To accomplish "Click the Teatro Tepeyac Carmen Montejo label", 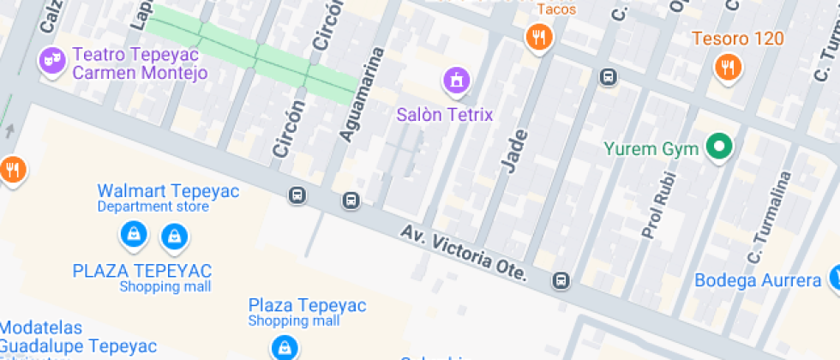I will click(140, 64).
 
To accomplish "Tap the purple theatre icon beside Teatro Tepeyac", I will click(53, 60).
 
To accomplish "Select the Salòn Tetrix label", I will click(445, 114).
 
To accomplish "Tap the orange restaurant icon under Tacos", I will click(538, 37).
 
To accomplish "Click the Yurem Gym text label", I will click(651, 148).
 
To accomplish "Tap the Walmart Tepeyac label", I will click(168, 190).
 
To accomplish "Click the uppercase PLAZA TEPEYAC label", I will click(142, 271).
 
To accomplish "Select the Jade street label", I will click(513, 152).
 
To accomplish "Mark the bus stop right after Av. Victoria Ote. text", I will click(561, 280).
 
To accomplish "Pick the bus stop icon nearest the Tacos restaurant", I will click(608, 77).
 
